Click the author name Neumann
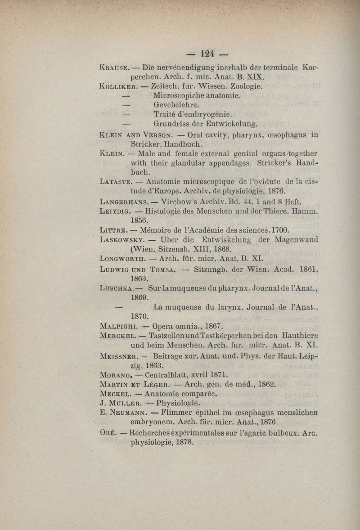click(x=130, y=413)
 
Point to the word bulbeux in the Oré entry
click(x=276, y=433)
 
